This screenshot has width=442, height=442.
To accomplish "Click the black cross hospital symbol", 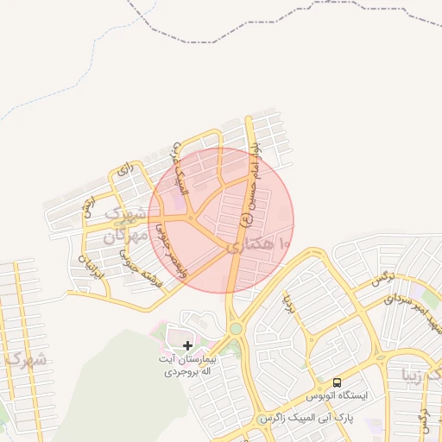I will (187, 345).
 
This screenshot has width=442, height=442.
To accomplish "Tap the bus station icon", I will (337, 382).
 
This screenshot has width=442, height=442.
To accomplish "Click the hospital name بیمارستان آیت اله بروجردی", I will (184, 365).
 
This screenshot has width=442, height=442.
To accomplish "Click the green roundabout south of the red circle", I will (235, 328).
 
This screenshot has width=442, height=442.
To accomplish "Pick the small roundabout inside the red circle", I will (191, 218).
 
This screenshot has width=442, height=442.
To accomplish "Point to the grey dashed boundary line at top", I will (259, 36).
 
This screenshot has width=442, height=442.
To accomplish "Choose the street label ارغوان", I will (87, 207).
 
